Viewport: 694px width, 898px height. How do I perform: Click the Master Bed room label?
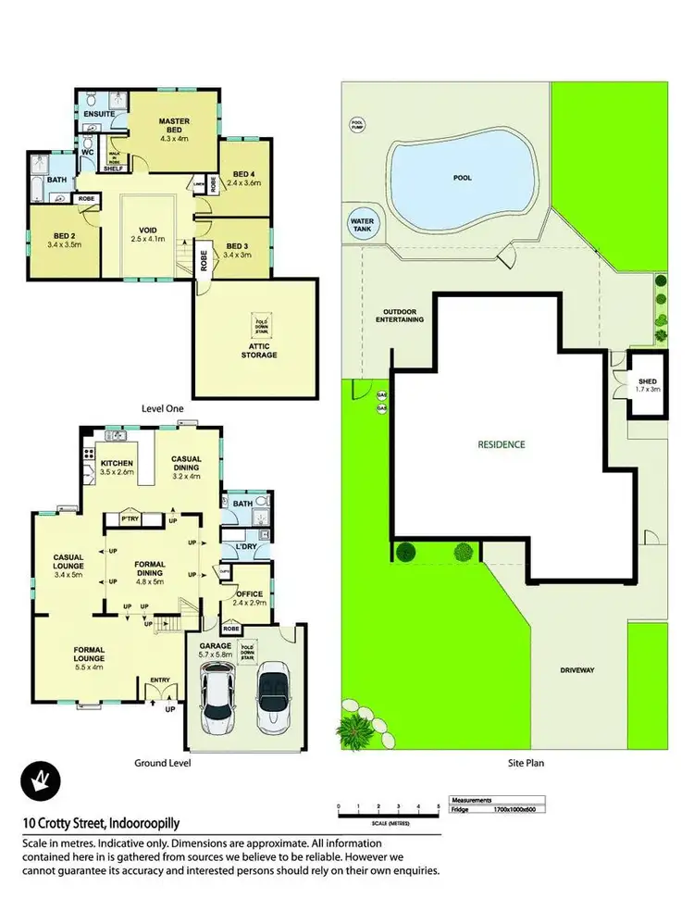pos(174,127)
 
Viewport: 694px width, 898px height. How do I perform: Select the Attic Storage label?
pos(259,349)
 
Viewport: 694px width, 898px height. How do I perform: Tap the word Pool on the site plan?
pos(463,177)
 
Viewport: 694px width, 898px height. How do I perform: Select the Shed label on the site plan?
pos(647,384)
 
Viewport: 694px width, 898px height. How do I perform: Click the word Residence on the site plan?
pos(502,444)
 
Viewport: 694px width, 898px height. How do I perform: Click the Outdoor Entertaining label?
pos(400,316)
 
